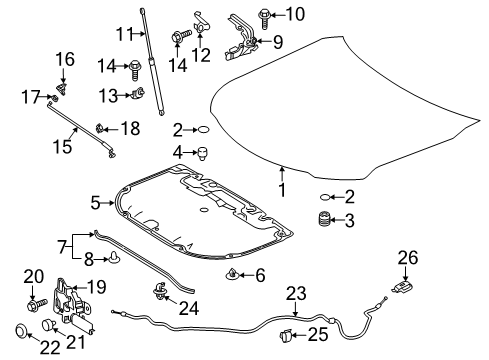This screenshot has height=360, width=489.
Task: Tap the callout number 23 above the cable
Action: tap(295, 294)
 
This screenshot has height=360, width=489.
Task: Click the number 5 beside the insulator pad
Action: tap(96, 202)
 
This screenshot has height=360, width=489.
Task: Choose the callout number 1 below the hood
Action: tap(282, 190)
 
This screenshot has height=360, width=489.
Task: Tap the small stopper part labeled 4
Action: tap(203, 153)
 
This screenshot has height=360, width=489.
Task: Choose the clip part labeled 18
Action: tap(103, 127)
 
